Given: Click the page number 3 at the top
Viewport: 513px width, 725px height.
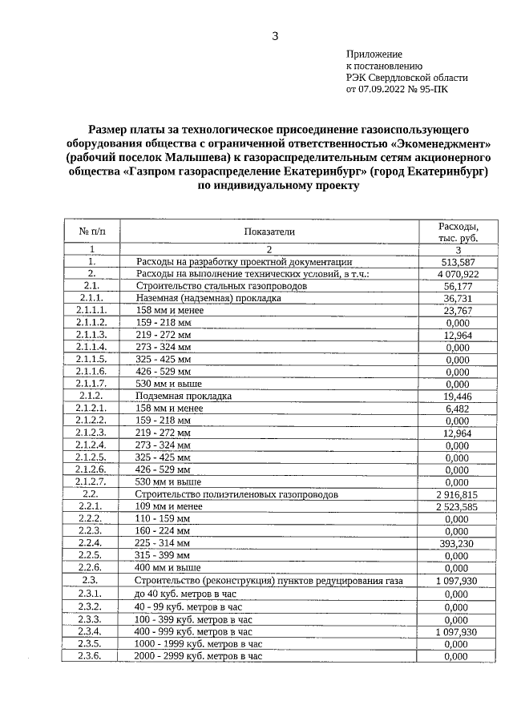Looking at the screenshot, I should [x=275, y=36].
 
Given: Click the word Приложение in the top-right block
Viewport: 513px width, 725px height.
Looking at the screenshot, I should [x=374, y=54].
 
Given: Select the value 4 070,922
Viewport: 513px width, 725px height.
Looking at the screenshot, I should [x=457, y=274].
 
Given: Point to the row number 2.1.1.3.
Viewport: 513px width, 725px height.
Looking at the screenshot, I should [x=91, y=335].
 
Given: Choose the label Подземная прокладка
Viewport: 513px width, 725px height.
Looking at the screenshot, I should [x=184, y=396].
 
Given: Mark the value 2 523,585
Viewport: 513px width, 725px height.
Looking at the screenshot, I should [x=457, y=507].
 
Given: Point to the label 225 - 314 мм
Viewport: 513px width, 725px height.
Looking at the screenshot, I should [x=164, y=543].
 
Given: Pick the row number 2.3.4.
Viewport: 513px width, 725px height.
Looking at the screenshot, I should [x=91, y=631].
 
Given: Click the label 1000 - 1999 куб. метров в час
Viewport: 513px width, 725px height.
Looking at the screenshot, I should [x=199, y=643].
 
